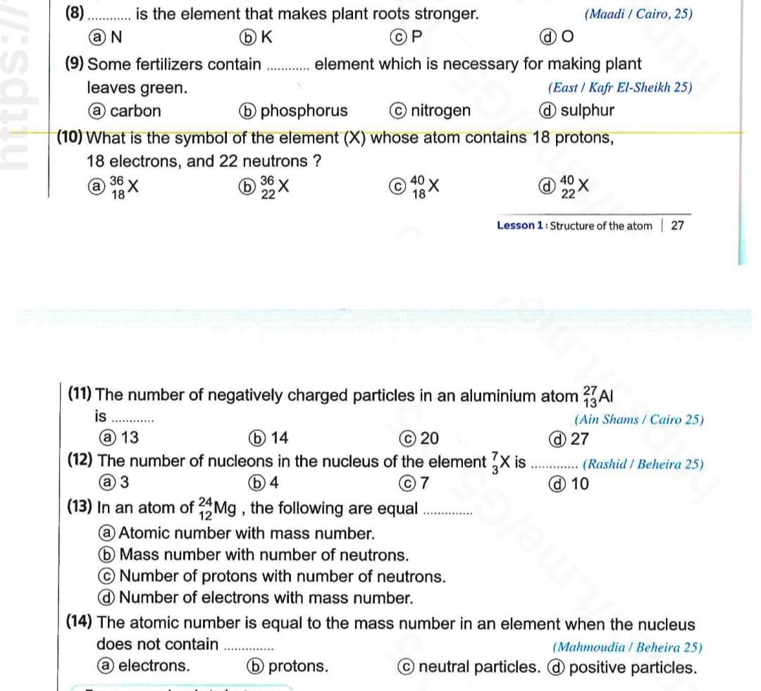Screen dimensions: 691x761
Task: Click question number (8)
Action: [x=74, y=13]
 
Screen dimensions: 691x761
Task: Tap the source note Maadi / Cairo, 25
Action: [x=638, y=14]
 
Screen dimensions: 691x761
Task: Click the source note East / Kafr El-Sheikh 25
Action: [x=619, y=88]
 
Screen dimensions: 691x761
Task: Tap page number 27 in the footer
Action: [x=677, y=225]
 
